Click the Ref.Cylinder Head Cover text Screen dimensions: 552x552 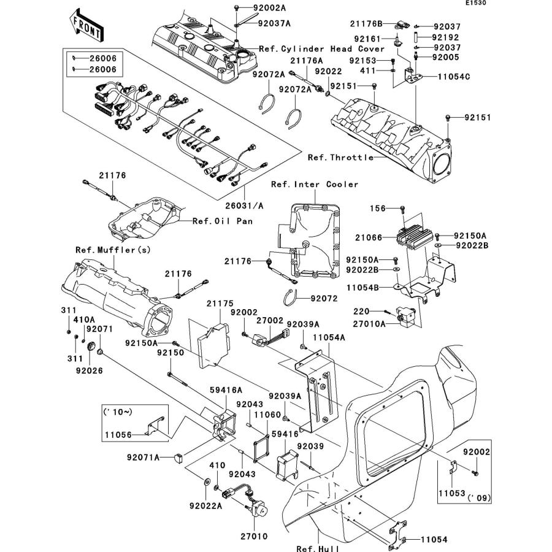click(x=321, y=48)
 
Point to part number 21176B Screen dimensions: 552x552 click(x=366, y=24)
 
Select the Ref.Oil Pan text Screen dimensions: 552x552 click(x=219, y=221)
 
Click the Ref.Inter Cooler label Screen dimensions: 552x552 click(x=315, y=184)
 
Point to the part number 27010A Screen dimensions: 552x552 click(x=370, y=323)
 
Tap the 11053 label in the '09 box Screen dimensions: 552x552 click(x=450, y=493)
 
